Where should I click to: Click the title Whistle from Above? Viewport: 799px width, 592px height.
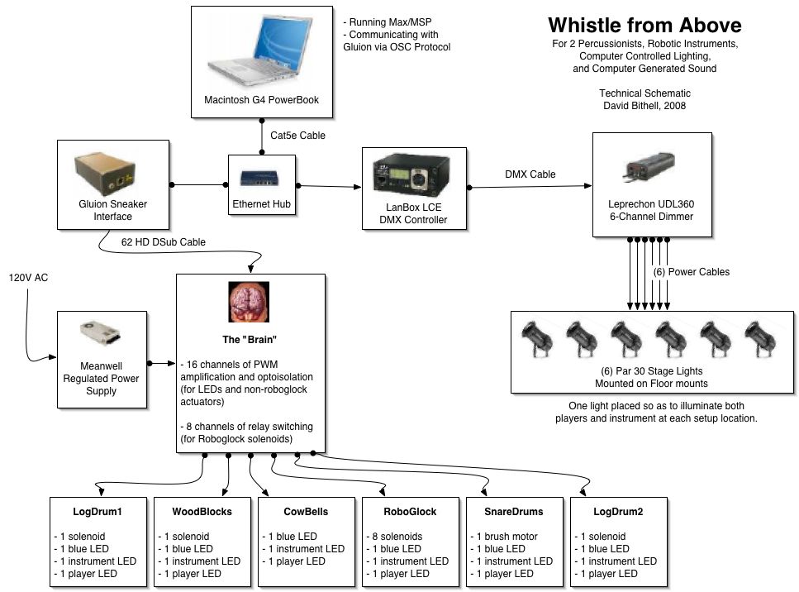click(644, 26)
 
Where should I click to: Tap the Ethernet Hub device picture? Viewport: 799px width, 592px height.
click(250, 177)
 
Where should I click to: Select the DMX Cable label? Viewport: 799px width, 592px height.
click(530, 174)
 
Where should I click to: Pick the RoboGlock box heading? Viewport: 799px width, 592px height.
click(410, 512)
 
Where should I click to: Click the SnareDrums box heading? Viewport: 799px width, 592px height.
click(512, 512)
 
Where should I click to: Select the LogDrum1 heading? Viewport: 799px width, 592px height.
click(97, 512)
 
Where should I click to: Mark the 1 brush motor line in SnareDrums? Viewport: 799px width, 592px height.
click(507, 537)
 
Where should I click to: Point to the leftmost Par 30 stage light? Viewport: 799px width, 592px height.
click(536, 337)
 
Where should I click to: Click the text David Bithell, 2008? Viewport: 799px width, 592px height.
click(644, 107)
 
